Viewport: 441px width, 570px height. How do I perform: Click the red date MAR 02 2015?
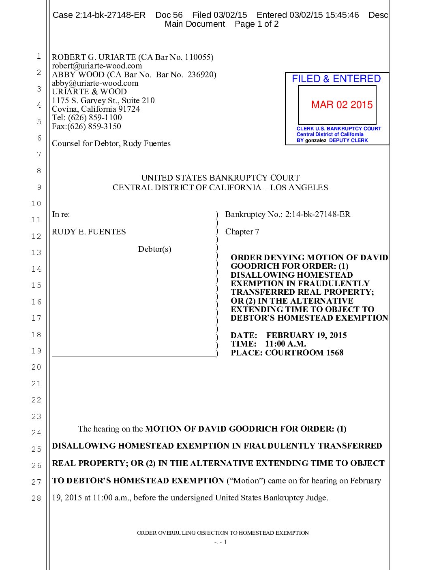point(342,105)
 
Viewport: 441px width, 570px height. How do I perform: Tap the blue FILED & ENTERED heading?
point(336,79)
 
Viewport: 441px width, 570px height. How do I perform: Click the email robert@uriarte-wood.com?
point(97,66)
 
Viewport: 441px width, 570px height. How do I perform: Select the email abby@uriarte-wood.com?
point(95,83)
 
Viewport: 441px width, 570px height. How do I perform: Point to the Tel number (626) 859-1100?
point(95,117)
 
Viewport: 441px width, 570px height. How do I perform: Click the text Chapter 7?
point(242,232)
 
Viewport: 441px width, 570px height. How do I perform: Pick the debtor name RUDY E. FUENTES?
point(89,232)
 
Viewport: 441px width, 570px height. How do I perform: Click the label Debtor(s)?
point(154,249)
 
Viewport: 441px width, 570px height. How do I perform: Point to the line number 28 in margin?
point(36,498)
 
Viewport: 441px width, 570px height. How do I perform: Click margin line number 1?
point(39,56)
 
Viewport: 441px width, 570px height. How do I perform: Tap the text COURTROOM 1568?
point(304,353)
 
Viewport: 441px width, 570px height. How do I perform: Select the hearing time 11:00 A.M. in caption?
point(285,344)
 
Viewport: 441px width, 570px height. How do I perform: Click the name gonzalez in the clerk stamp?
point(315,140)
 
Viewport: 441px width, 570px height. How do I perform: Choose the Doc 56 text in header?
point(169,15)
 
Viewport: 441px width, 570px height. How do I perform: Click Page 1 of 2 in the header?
point(257,24)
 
